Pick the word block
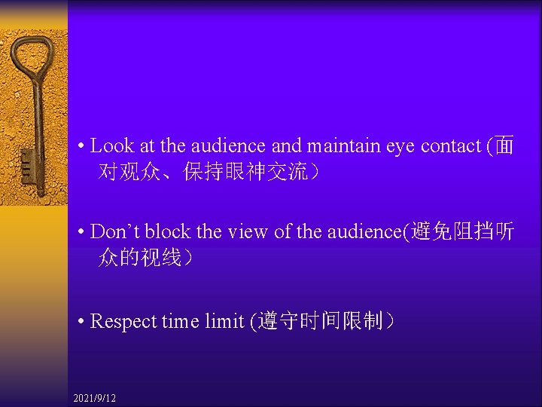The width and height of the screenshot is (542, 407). coord(166,231)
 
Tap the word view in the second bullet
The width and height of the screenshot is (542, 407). coord(247,231)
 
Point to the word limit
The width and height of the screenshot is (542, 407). coord(224,322)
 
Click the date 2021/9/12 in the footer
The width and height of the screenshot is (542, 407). coord(95,397)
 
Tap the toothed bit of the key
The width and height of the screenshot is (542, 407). coord(28,163)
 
